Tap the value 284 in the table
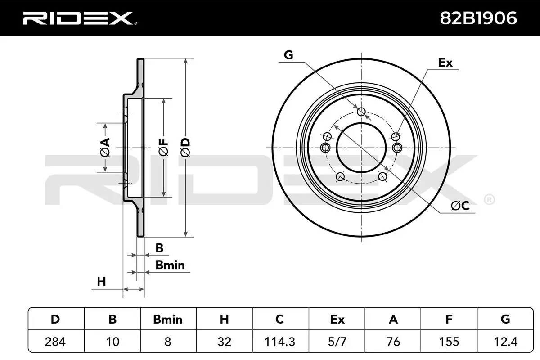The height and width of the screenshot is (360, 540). (55, 342)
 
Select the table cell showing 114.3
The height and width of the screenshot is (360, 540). (280, 342)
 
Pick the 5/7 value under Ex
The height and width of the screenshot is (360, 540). (337, 342)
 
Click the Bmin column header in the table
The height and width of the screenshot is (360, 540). (167, 319)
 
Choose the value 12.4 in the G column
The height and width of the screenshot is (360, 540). (505, 342)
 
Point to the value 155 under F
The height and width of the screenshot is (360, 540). (449, 342)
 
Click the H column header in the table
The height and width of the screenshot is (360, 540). (224, 319)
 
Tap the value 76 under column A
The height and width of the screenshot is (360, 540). (393, 342)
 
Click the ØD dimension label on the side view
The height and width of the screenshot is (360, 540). (185, 148)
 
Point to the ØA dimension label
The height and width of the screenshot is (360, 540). (104, 148)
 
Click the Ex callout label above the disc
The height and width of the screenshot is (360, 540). (445, 63)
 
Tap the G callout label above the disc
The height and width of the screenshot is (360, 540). (288, 55)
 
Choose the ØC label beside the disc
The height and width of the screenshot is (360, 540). (460, 206)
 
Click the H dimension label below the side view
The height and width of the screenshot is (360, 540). (102, 282)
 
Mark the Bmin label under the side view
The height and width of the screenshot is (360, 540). (170, 265)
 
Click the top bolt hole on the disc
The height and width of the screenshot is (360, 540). (361, 112)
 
